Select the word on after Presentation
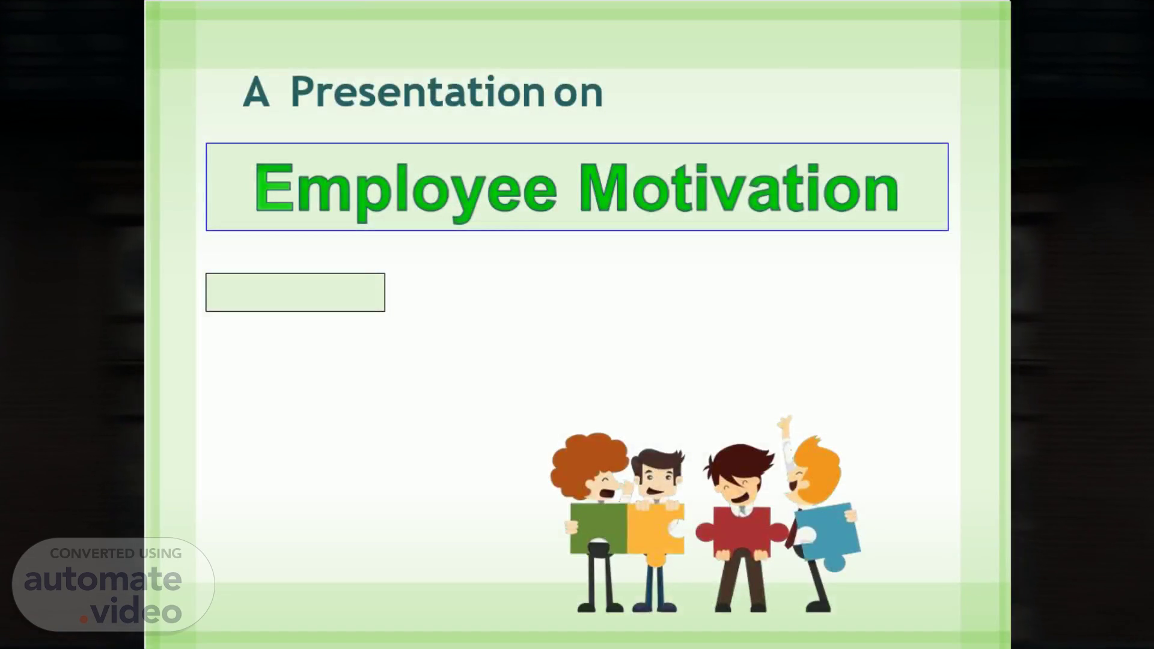pyautogui.click(x=578, y=95)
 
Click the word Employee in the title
pyautogui.click(x=406, y=189)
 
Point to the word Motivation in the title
pyautogui.click(x=739, y=188)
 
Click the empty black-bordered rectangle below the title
pyautogui.click(x=295, y=292)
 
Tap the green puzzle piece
pyautogui.click(x=598, y=528)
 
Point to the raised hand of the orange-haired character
pyautogui.click(x=785, y=424)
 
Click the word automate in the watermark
pyautogui.click(x=103, y=579)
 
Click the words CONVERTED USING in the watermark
pyautogui.click(x=115, y=553)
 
